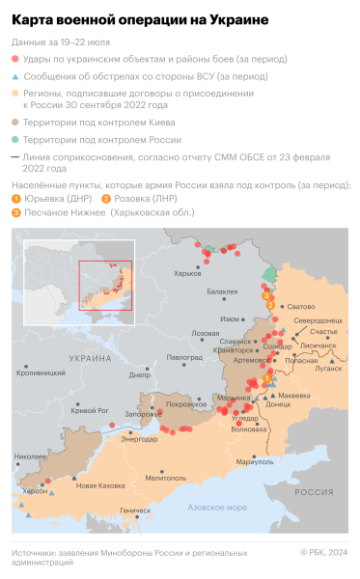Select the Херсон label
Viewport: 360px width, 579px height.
[35, 491]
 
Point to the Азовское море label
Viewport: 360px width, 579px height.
[217, 507]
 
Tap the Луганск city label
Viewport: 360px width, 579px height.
[328, 368]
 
